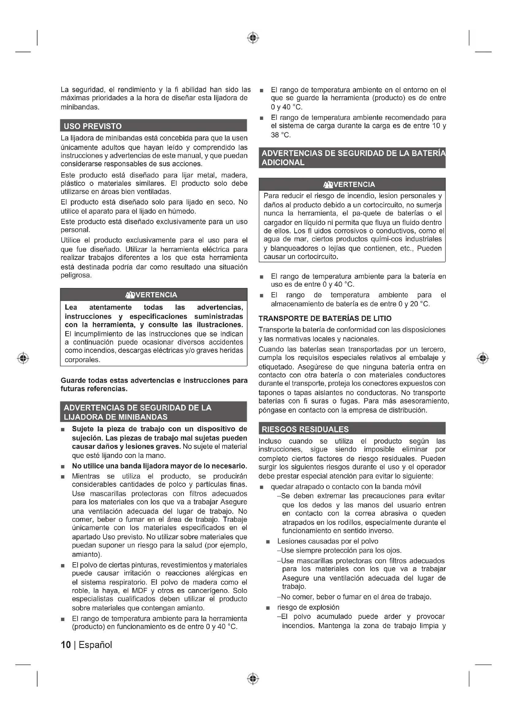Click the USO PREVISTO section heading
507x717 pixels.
pos(93,126)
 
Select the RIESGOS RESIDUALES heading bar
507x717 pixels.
pos(305,429)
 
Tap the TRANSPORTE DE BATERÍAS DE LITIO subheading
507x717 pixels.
pos(325,318)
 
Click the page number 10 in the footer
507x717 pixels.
pos(66,645)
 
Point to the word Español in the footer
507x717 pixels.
pos(95,645)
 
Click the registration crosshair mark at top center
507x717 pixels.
pos(253,38)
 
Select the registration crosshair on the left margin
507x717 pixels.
pos(23,358)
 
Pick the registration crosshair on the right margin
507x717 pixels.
pos(483,358)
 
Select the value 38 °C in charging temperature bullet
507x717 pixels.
pos(280,135)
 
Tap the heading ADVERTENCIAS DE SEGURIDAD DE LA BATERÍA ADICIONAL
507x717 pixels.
pos(352,158)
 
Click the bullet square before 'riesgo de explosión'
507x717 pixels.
pos(268,608)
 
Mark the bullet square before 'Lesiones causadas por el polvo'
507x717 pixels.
pos(268,542)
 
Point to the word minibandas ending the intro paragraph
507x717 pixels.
pos(80,107)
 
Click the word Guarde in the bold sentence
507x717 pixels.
pos(73,380)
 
